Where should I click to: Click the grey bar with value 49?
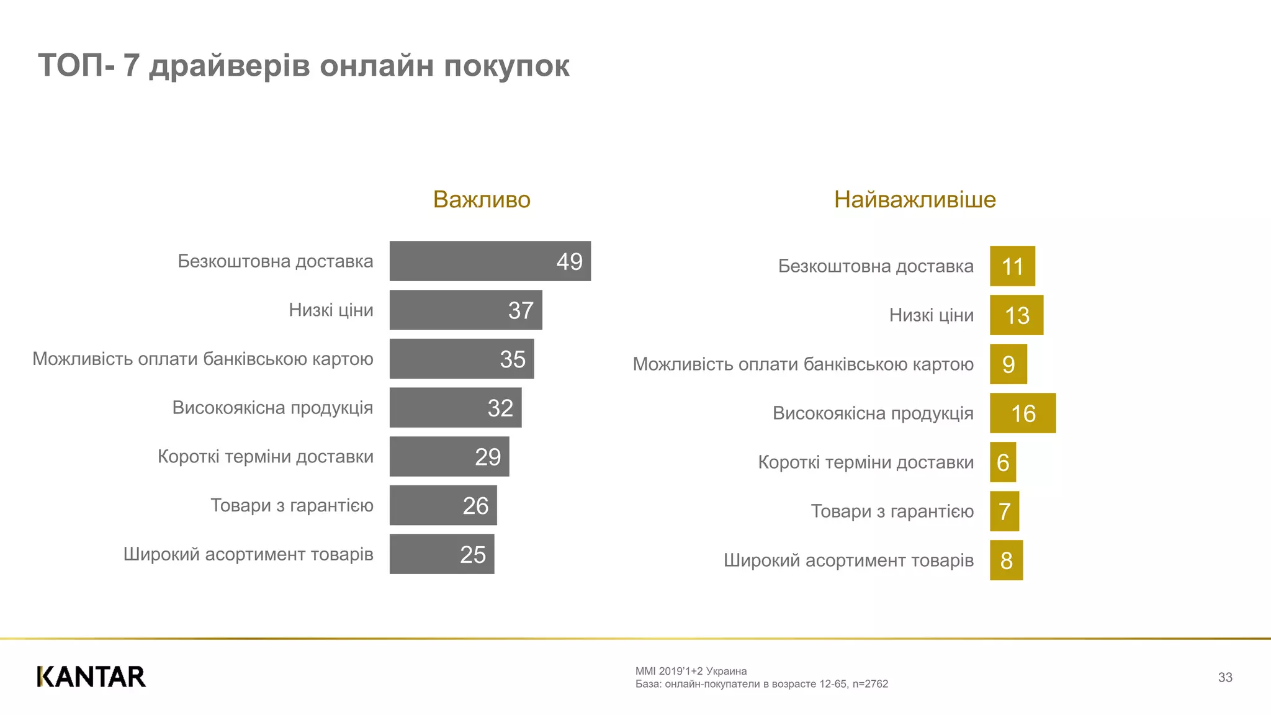tap(490, 261)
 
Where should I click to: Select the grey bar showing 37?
tap(465, 310)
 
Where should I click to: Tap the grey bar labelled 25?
tap(441, 554)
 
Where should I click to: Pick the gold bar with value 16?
tap(1022, 413)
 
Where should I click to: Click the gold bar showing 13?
tap(1016, 315)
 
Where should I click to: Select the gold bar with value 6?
tap(1002, 462)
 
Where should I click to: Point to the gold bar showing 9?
tap(1008, 364)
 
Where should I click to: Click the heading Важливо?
tap(482, 200)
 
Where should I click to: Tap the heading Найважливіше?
tap(914, 200)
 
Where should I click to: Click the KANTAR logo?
tap(91, 677)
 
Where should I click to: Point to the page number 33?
tap(1224, 677)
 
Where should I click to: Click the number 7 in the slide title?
tap(131, 66)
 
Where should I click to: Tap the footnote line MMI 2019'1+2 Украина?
tap(691, 671)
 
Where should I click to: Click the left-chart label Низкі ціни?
tap(331, 310)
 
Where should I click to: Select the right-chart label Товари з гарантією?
tap(892, 511)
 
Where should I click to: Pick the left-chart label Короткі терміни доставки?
tap(266, 457)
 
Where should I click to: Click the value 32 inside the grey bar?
tap(500, 408)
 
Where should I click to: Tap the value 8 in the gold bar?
tap(1006, 560)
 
